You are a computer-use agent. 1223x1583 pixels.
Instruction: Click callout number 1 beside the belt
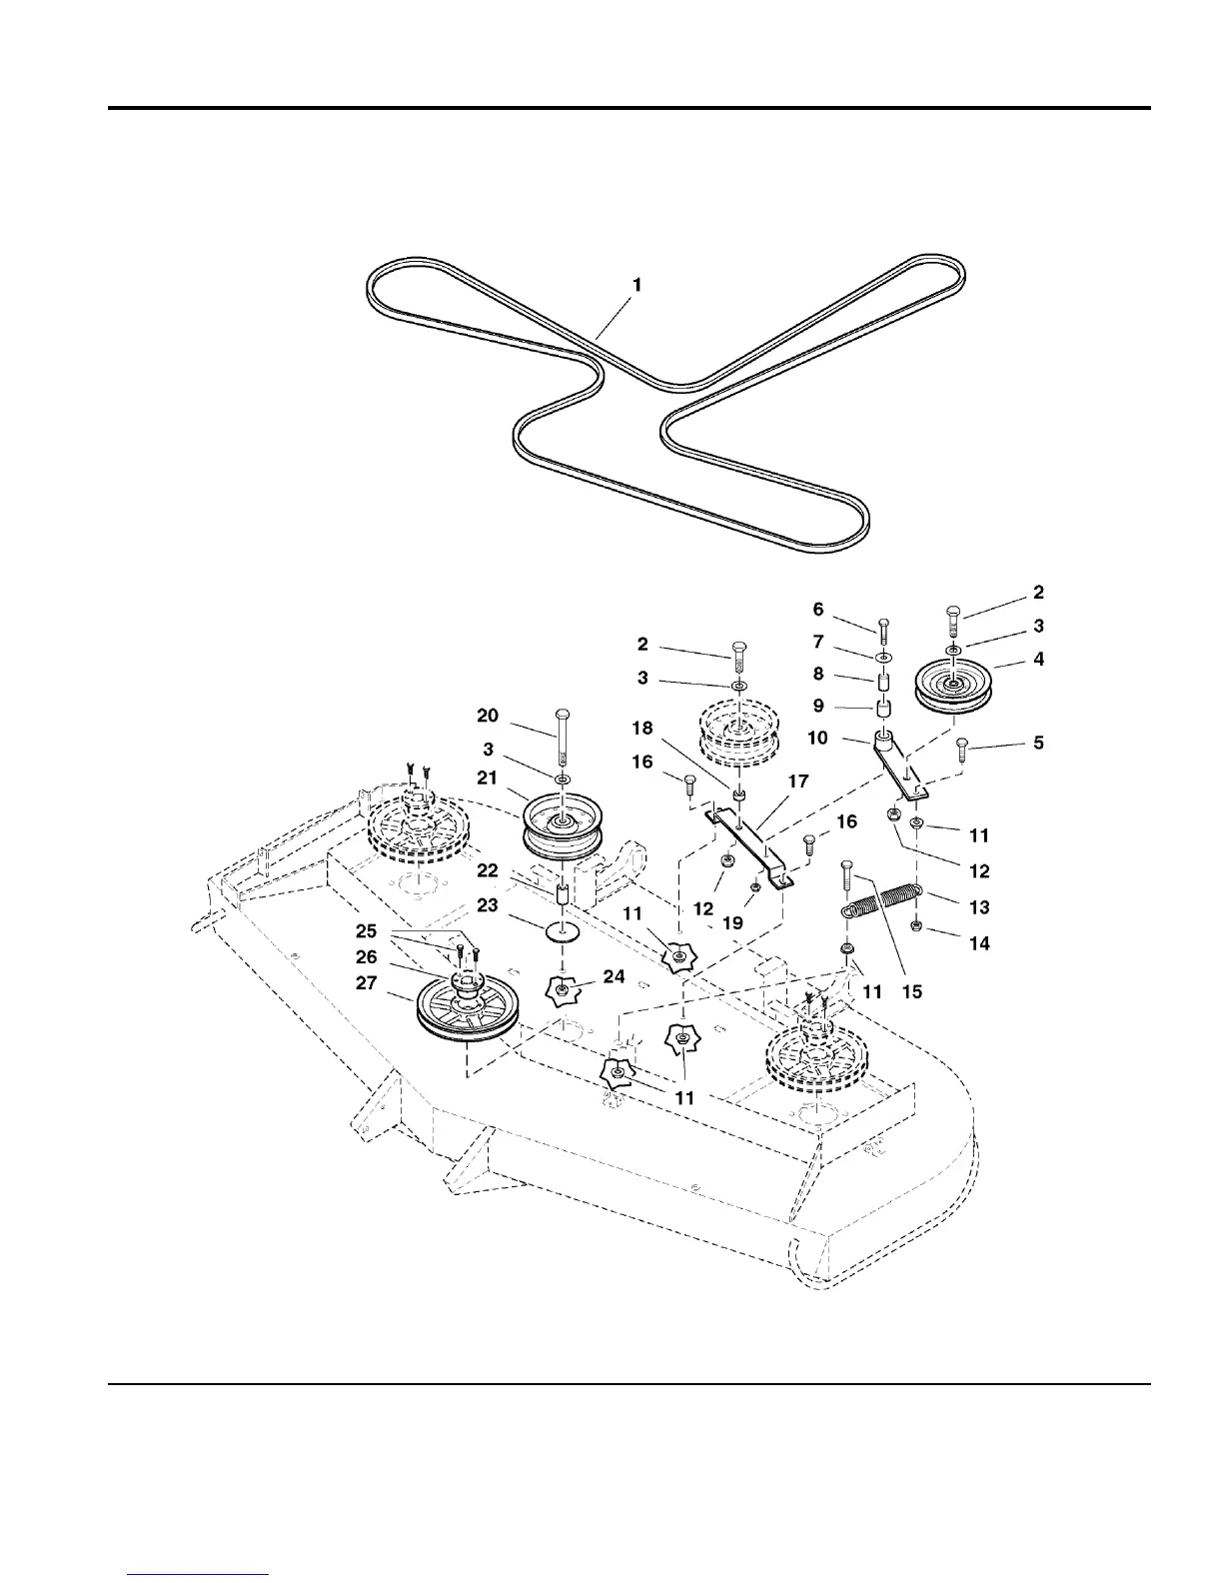637,285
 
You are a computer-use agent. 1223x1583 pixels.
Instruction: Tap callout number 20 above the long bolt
487,715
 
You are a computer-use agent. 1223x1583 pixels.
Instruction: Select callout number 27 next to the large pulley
367,983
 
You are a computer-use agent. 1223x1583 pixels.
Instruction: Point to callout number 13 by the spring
979,907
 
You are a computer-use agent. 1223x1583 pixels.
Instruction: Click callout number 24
613,976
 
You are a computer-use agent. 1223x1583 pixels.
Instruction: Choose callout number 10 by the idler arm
818,739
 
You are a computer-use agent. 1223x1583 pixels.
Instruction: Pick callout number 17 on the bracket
797,782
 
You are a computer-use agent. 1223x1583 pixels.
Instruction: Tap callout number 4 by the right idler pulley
1039,660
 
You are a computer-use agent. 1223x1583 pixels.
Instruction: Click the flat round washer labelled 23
565,932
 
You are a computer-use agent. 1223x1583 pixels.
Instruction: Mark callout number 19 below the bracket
732,923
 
